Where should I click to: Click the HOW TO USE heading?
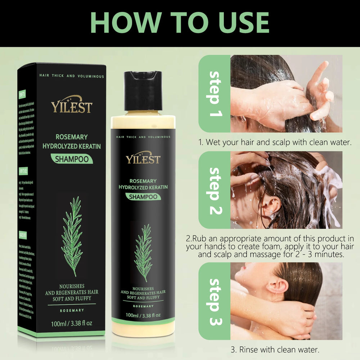(x=180, y=22)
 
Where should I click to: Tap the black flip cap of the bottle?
(x=143, y=91)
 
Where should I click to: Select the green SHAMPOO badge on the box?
(x=72, y=159)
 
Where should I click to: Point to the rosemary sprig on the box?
(x=72, y=236)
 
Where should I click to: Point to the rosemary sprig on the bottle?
(x=143, y=252)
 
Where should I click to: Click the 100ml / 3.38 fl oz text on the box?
(x=72, y=323)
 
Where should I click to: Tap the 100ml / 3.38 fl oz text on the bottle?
(x=143, y=315)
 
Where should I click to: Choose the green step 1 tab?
(x=215, y=94)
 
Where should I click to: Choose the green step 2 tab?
(x=215, y=190)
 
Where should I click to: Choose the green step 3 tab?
(x=215, y=301)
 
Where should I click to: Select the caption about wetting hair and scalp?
(x=275, y=142)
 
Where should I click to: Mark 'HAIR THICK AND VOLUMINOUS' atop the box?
(x=72, y=76)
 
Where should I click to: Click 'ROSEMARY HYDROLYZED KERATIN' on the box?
(x=72, y=141)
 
